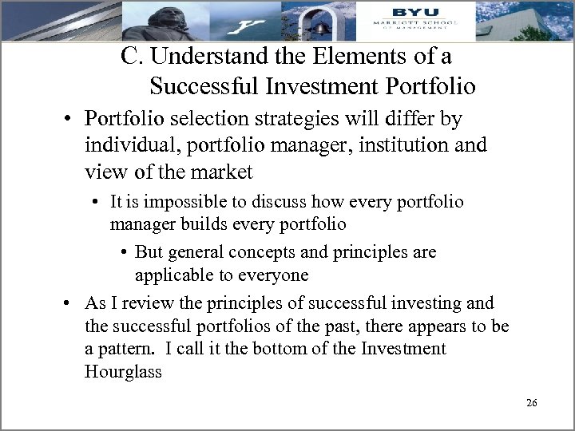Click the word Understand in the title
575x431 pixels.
198,57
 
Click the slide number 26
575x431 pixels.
532,403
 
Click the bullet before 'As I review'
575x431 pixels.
70,303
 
